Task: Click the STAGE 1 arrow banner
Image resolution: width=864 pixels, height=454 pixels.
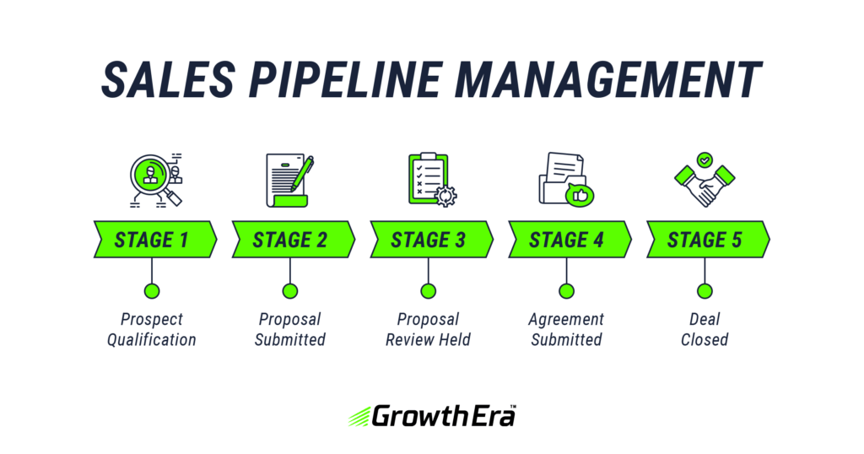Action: pyautogui.click(x=152, y=240)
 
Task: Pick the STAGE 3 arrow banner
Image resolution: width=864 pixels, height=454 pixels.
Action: pyautogui.click(x=429, y=240)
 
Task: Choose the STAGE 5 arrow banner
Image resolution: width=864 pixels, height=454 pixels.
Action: pyautogui.click(x=705, y=240)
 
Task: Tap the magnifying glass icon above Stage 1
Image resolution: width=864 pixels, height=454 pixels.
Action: pyautogui.click(x=154, y=178)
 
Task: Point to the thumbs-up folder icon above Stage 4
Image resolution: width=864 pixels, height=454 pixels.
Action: pyautogui.click(x=566, y=179)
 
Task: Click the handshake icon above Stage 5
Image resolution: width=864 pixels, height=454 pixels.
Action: pyautogui.click(x=705, y=185)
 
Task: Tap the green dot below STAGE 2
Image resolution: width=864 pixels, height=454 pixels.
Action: pyautogui.click(x=290, y=291)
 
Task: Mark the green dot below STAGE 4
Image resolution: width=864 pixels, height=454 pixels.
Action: pyautogui.click(x=567, y=291)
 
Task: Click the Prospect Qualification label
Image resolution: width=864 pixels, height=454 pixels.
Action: pyautogui.click(x=152, y=330)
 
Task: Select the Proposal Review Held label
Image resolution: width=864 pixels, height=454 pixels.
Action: pyautogui.click(x=429, y=330)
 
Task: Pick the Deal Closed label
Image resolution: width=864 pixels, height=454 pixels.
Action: pyautogui.click(x=705, y=330)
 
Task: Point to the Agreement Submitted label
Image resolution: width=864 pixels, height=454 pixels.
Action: pyautogui.click(x=567, y=330)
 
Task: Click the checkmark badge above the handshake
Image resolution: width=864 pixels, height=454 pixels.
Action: pyautogui.click(x=705, y=158)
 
